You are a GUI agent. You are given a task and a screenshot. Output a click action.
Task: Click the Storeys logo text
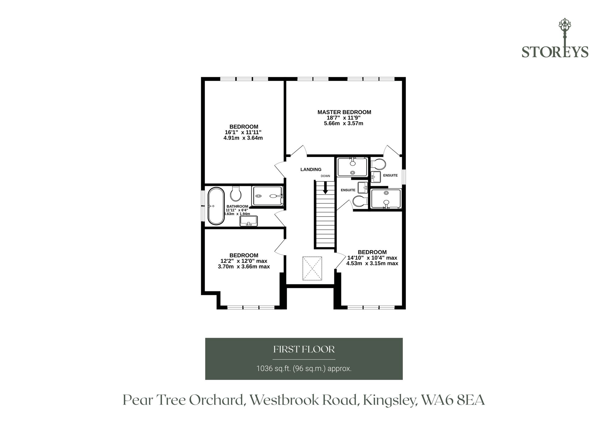(555, 52)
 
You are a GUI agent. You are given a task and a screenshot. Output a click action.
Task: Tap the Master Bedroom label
(344, 112)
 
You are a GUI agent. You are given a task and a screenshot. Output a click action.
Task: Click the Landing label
(311, 169)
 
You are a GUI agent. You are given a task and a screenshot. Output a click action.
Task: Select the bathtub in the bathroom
(216, 206)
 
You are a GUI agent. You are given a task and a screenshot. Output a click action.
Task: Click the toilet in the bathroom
(236, 194)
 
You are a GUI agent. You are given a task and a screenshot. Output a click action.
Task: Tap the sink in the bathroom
(249, 221)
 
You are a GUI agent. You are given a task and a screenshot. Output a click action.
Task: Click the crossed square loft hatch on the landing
(312, 268)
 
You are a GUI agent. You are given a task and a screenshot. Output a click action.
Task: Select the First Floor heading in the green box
(304, 349)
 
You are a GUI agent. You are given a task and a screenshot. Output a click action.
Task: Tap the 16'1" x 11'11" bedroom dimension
(243, 132)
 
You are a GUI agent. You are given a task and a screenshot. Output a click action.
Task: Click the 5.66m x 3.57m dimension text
(344, 123)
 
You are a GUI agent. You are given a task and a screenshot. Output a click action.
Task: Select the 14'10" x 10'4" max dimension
(372, 258)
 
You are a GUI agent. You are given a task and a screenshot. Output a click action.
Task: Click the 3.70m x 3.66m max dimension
(244, 267)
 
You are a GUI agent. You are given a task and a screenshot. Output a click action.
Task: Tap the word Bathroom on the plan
(237, 206)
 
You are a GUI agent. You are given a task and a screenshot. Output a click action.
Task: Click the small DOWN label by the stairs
(325, 176)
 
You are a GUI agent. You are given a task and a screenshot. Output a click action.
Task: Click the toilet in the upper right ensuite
(378, 165)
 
